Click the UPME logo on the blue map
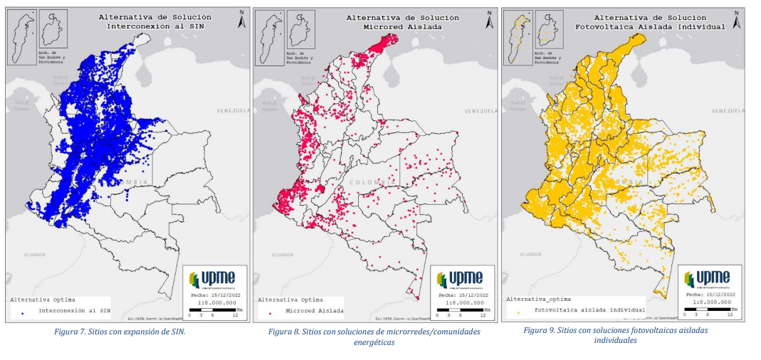(x=211, y=277)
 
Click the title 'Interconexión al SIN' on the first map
(x=150, y=26)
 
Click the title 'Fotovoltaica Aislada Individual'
(x=649, y=26)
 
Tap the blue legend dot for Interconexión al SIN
(x=23, y=312)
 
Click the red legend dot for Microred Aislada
(x=271, y=312)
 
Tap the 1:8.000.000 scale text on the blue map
(x=214, y=302)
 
